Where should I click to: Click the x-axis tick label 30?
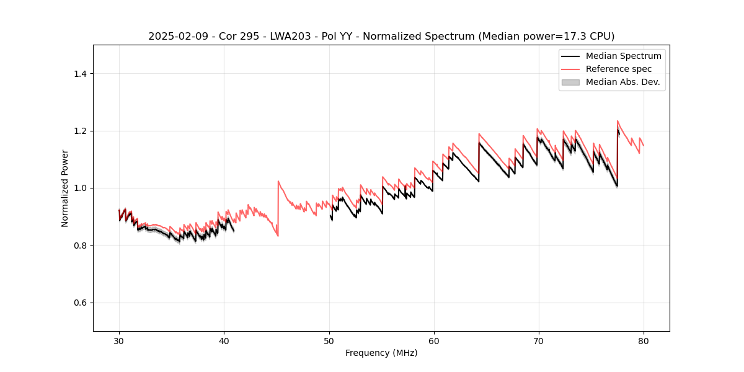tap(119, 340)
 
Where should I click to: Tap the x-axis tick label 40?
tap(224, 340)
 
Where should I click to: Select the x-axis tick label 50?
tap(329, 340)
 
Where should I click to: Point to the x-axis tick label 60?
tap(433, 340)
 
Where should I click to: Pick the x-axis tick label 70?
tap(538, 340)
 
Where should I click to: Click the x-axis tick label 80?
tap(643, 340)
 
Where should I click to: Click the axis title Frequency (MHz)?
tap(381, 353)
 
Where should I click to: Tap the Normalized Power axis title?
tap(65, 188)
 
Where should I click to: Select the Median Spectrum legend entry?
tap(623, 56)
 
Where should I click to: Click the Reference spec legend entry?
tap(618, 69)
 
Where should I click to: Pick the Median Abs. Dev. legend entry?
tap(622, 82)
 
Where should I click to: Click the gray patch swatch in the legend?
tap(570, 82)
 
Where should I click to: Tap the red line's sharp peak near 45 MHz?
tap(278, 181)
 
